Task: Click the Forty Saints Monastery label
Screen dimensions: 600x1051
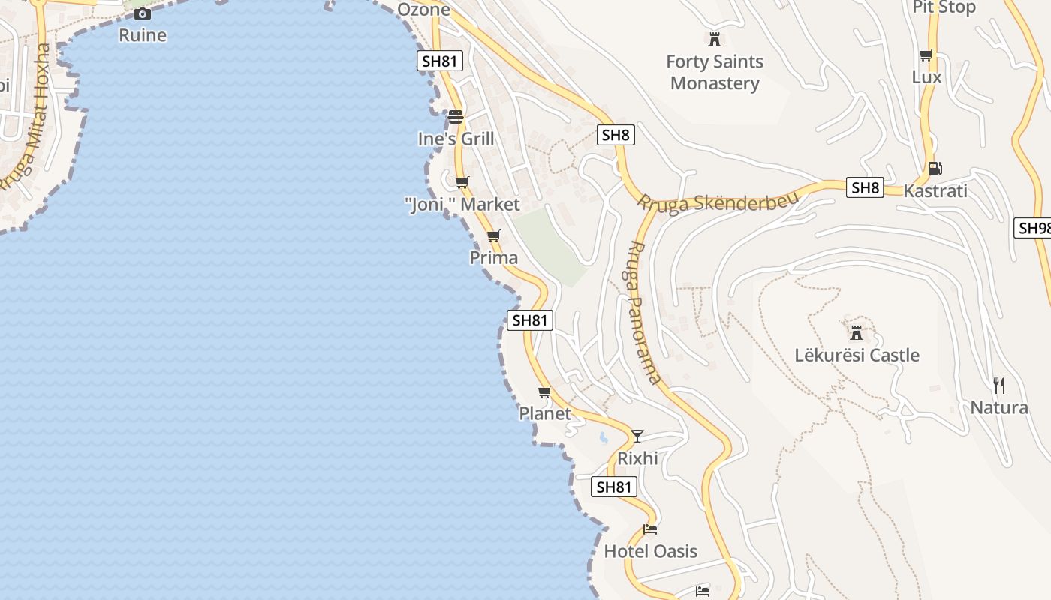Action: (x=715, y=72)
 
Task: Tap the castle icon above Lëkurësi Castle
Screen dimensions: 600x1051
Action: (x=857, y=332)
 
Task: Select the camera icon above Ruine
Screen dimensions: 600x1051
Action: (x=143, y=13)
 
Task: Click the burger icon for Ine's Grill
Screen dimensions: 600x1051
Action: (x=456, y=117)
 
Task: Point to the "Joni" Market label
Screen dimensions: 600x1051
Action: (x=462, y=204)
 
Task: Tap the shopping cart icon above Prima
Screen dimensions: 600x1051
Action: (x=493, y=236)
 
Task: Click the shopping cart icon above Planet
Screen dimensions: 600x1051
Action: (x=545, y=392)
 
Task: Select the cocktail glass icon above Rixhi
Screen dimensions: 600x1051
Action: (x=637, y=436)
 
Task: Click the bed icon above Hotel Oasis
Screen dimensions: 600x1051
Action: (x=650, y=529)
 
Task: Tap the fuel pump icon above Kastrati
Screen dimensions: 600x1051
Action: (x=935, y=169)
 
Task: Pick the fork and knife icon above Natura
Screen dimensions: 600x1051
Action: (x=999, y=385)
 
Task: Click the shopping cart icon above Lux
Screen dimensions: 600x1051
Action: (x=926, y=55)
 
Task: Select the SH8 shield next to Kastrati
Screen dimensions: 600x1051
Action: (x=865, y=187)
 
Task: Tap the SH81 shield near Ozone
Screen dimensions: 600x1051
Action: (x=440, y=61)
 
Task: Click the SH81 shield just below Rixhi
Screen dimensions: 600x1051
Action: (x=614, y=487)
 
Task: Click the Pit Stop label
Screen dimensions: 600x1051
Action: (x=944, y=7)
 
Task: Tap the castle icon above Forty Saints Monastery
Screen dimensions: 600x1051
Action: (x=715, y=39)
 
